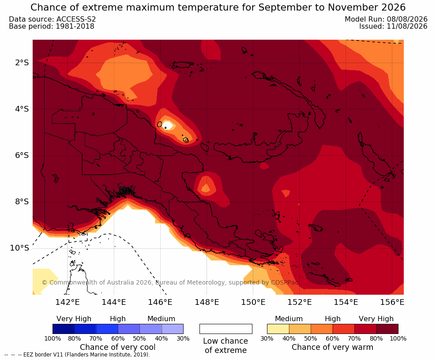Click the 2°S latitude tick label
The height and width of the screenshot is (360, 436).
[x=22, y=63]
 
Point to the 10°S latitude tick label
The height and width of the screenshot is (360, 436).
[x=19, y=248]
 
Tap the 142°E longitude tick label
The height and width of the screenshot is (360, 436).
[x=68, y=302]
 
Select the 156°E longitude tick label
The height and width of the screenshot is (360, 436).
[x=392, y=302]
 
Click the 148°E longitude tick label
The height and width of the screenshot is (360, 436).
[x=207, y=302]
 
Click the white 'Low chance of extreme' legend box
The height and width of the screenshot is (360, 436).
[x=226, y=329]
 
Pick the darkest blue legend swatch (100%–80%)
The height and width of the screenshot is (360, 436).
[x=64, y=329]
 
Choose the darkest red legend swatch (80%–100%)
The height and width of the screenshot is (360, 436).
[x=387, y=329]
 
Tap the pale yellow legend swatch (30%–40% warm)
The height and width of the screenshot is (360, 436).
[x=278, y=329]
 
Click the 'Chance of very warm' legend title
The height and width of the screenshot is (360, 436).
[x=332, y=347]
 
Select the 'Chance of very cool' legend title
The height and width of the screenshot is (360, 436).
[x=118, y=347]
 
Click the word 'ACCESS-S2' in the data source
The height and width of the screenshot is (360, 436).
[x=76, y=19]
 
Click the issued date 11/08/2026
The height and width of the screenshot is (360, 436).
[x=407, y=26]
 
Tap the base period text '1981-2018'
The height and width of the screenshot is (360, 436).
[x=75, y=26]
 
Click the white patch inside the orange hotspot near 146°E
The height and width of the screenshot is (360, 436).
[x=169, y=125]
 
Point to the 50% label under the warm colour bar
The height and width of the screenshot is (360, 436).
[x=311, y=338]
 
